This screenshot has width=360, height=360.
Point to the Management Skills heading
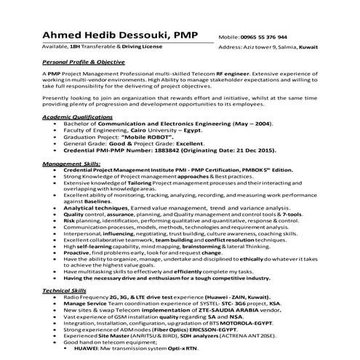click(x=71, y=164)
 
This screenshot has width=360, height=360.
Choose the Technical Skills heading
click(x=64, y=289)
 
